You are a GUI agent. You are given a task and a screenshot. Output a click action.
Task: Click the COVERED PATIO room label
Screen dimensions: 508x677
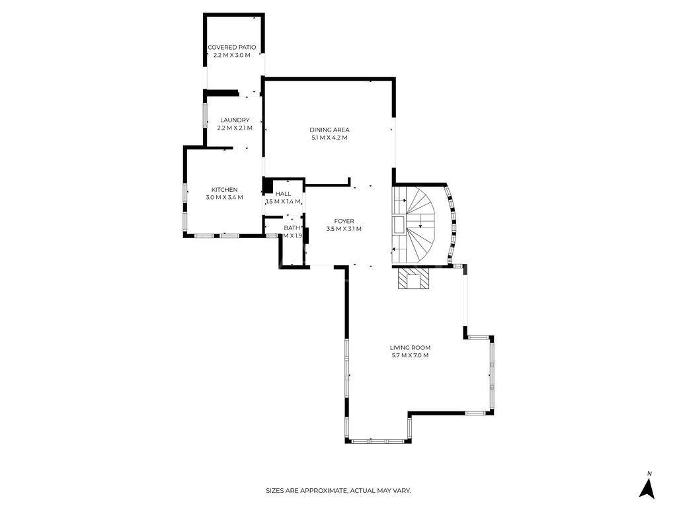pyautogui.click(x=231, y=48)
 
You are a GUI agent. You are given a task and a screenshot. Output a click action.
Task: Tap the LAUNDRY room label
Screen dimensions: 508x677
pyautogui.click(x=235, y=120)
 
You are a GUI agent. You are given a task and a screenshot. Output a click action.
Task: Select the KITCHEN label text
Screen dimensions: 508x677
pyautogui.click(x=224, y=190)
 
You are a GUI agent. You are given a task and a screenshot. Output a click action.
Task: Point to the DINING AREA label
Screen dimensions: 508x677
pyautogui.click(x=329, y=130)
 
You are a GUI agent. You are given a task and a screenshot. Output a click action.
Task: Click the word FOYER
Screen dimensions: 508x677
pyautogui.click(x=344, y=221)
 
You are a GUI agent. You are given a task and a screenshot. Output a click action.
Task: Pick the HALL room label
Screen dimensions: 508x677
pyautogui.click(x=283, y=194)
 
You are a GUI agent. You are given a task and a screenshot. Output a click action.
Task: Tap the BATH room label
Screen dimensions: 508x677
pyautogui.click(x=292, y=228)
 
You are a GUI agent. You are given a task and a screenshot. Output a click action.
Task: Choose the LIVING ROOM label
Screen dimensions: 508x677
pyautogui.click(x=410, y=347)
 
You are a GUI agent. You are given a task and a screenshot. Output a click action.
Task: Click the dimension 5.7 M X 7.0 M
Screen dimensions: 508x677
pyautogui.click(x=410, y=356)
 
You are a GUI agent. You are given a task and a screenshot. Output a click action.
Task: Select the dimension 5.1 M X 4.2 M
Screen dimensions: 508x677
pyautogui.click(x=329, y=138)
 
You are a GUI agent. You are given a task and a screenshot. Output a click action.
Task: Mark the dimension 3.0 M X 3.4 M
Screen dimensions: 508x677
pyautogui.click(x=224, y=198)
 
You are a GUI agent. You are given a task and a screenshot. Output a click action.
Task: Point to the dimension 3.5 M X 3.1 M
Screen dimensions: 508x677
pyautogui.click(x=344, y=229)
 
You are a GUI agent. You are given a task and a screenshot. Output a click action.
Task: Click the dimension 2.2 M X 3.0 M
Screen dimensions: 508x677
pyautogui.click(x=231, y=56)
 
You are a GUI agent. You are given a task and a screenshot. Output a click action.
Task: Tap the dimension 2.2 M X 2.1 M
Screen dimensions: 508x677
pyautogui.click(x=235, y=128)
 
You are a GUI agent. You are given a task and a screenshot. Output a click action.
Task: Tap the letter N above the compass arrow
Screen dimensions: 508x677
pyautogui.click(x=649, y=473)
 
